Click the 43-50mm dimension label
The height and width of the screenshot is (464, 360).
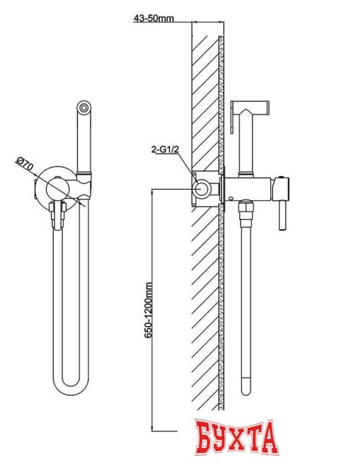tap(154, 18)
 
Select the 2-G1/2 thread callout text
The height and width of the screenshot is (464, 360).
tap(165, 150)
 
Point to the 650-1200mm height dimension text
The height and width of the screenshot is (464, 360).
tap(148, 310)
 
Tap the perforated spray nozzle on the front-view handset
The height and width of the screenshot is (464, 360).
tap(84, 107)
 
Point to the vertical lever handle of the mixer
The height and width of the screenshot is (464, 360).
tap(282, 215)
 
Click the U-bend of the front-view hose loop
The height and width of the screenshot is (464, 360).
tap(71, 384)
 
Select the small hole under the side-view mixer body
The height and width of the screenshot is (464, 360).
tap(233, 196)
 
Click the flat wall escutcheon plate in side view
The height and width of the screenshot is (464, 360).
tap(222, 188)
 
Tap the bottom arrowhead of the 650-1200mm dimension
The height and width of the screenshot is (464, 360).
tap(152, 428)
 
